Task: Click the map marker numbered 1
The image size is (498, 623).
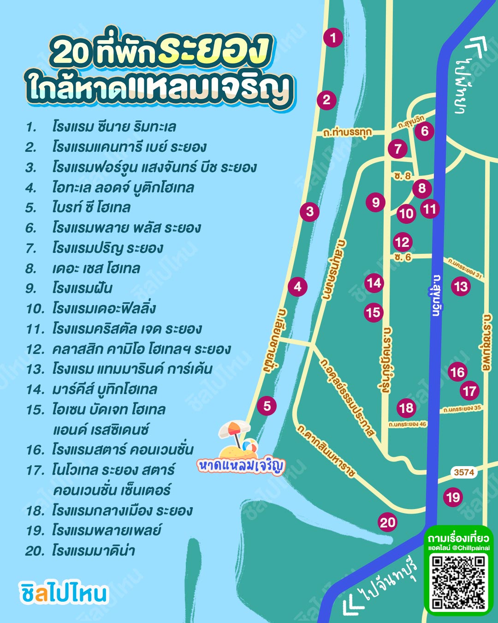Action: coord(333,37)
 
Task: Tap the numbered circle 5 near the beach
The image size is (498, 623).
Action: coord(267,406)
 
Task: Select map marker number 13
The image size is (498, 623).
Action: coord(460,287)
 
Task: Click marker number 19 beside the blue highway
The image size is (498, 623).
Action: coord(453,497)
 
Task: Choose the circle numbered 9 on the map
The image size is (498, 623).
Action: coord(376,202)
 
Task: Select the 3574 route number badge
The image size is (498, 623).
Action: coord(463,472)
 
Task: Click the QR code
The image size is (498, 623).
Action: coord(458,582)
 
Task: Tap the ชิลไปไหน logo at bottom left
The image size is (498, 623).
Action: coord(64,593)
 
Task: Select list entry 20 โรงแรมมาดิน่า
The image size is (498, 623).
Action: coord(93,551)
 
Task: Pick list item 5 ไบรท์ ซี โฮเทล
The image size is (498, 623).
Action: coord(91,207)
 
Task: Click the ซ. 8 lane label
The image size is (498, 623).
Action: coord(403,176)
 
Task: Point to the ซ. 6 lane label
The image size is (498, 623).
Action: coord(403,257)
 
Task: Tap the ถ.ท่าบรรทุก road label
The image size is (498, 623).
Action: coord(347,132)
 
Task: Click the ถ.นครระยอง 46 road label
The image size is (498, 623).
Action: coord(407,424)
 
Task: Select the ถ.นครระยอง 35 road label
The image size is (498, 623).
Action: coord(462,408)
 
